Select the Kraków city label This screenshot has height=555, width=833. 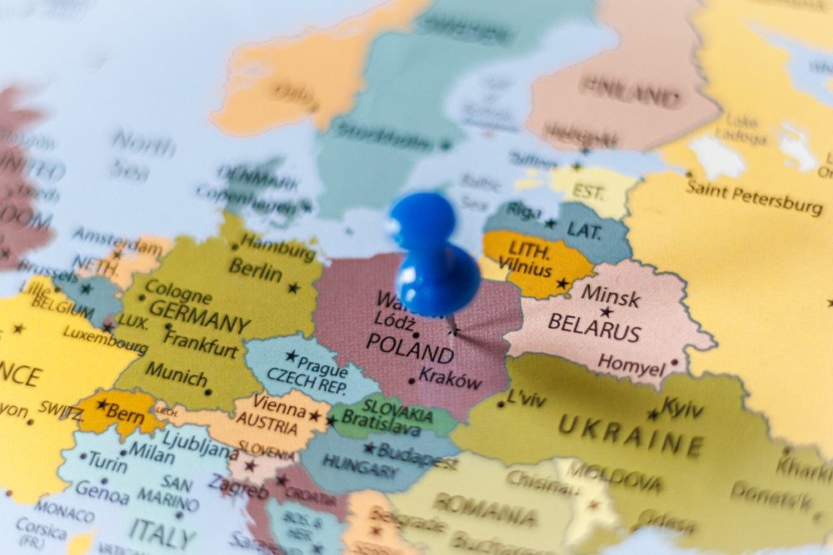(x=451, y=379)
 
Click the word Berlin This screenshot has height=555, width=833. (x=255, y=270)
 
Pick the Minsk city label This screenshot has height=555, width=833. (x=611, y=295)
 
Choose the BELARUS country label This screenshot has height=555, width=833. (x=594, y=327)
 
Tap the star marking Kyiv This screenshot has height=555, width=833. (x=652, y=414)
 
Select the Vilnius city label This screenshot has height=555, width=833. (x=525, y=270)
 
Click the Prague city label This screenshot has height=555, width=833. (x=322, y=364)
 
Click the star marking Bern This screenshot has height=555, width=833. (x=102, y=404)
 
